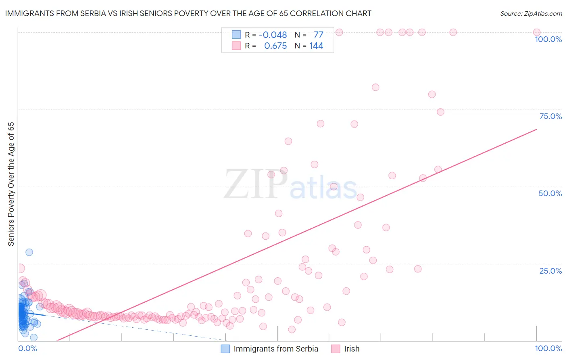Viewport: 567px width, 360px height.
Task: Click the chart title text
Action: pyautogui.click(x=188, y=13)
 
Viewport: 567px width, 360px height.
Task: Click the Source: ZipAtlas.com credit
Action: pyautogui.click(x=531, y=13)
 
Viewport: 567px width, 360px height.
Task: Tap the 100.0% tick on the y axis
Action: pyautogui.click(x=548, y=39)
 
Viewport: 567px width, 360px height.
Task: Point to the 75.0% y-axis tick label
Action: pyautogui.click(x=550, y=116)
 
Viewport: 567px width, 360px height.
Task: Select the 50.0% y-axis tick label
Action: pyautogui.click(x=550, y=193)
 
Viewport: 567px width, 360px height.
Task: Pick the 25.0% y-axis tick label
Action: pyautogui.click(x=550, y=270)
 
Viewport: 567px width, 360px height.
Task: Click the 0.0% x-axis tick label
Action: pyautogui.click(x=27, y=348)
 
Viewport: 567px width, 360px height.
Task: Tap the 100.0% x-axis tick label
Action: pyautogui.click(x=548, y=348)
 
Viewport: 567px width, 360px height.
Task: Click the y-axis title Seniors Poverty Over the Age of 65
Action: pyautogui.click(x=11, y=184)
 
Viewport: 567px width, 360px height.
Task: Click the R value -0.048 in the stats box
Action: pyautogui.click(x=273, y=35)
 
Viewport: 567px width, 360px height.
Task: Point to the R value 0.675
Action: pyautogui.click(x=275, y=46)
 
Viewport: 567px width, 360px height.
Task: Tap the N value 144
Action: pyautogui.click(x=316, y=46)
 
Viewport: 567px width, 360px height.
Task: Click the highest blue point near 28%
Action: pyautogui.click(x=29, y=252)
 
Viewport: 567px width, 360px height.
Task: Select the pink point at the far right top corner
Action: pyautogui.click(x=536, y=32)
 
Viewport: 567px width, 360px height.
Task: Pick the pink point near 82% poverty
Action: pyautogui.click(x=375, y=87)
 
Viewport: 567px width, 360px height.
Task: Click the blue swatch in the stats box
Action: pyautogui.click(x=236, y=35)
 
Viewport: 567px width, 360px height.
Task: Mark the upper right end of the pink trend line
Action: pyautogui.click(x=536, y=130)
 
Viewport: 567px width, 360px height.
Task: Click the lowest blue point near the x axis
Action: pyautogui.click(x=34, y=337)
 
